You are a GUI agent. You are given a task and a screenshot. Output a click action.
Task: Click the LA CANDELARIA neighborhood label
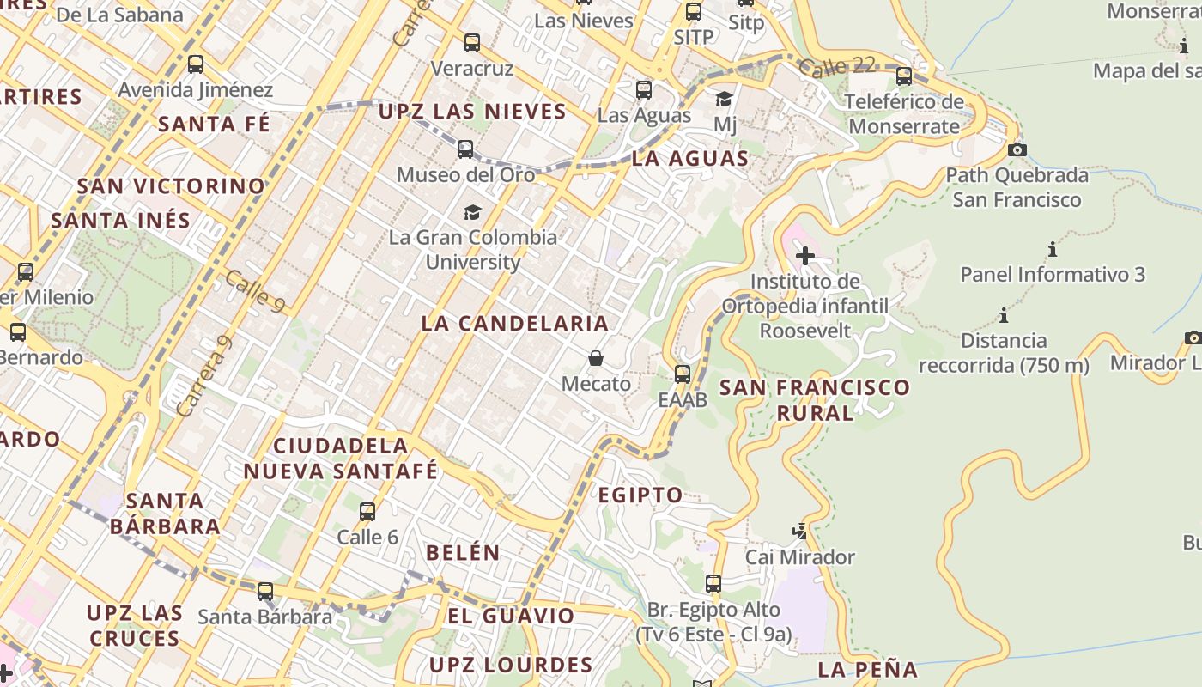515,324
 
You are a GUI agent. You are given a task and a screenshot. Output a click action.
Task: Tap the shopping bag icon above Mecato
596,358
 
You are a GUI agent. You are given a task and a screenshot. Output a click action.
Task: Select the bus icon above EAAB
683,374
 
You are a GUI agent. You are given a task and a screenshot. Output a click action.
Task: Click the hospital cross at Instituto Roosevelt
805,256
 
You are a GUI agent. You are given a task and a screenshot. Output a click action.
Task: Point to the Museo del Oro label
465,175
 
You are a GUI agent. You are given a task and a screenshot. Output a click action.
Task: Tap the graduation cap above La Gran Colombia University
472,212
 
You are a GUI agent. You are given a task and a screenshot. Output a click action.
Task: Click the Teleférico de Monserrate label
903,114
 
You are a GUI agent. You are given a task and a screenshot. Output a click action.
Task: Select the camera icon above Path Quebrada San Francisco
1017,150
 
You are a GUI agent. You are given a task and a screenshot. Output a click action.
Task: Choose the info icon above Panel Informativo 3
1053,250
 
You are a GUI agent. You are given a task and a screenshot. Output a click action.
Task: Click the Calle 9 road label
256,292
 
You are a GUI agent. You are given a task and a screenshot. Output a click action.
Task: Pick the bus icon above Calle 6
367,512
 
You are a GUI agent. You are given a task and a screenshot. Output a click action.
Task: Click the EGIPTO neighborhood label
640,495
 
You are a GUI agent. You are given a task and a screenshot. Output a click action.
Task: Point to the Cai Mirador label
800,557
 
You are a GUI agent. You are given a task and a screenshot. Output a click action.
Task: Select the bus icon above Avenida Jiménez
196,64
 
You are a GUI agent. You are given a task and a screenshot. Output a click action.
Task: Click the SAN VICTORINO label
171,186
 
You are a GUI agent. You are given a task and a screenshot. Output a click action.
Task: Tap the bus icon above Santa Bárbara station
265,592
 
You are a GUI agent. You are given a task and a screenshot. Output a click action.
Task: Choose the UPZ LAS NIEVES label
472,112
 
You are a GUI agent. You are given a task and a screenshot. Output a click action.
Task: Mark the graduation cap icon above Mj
725,100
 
